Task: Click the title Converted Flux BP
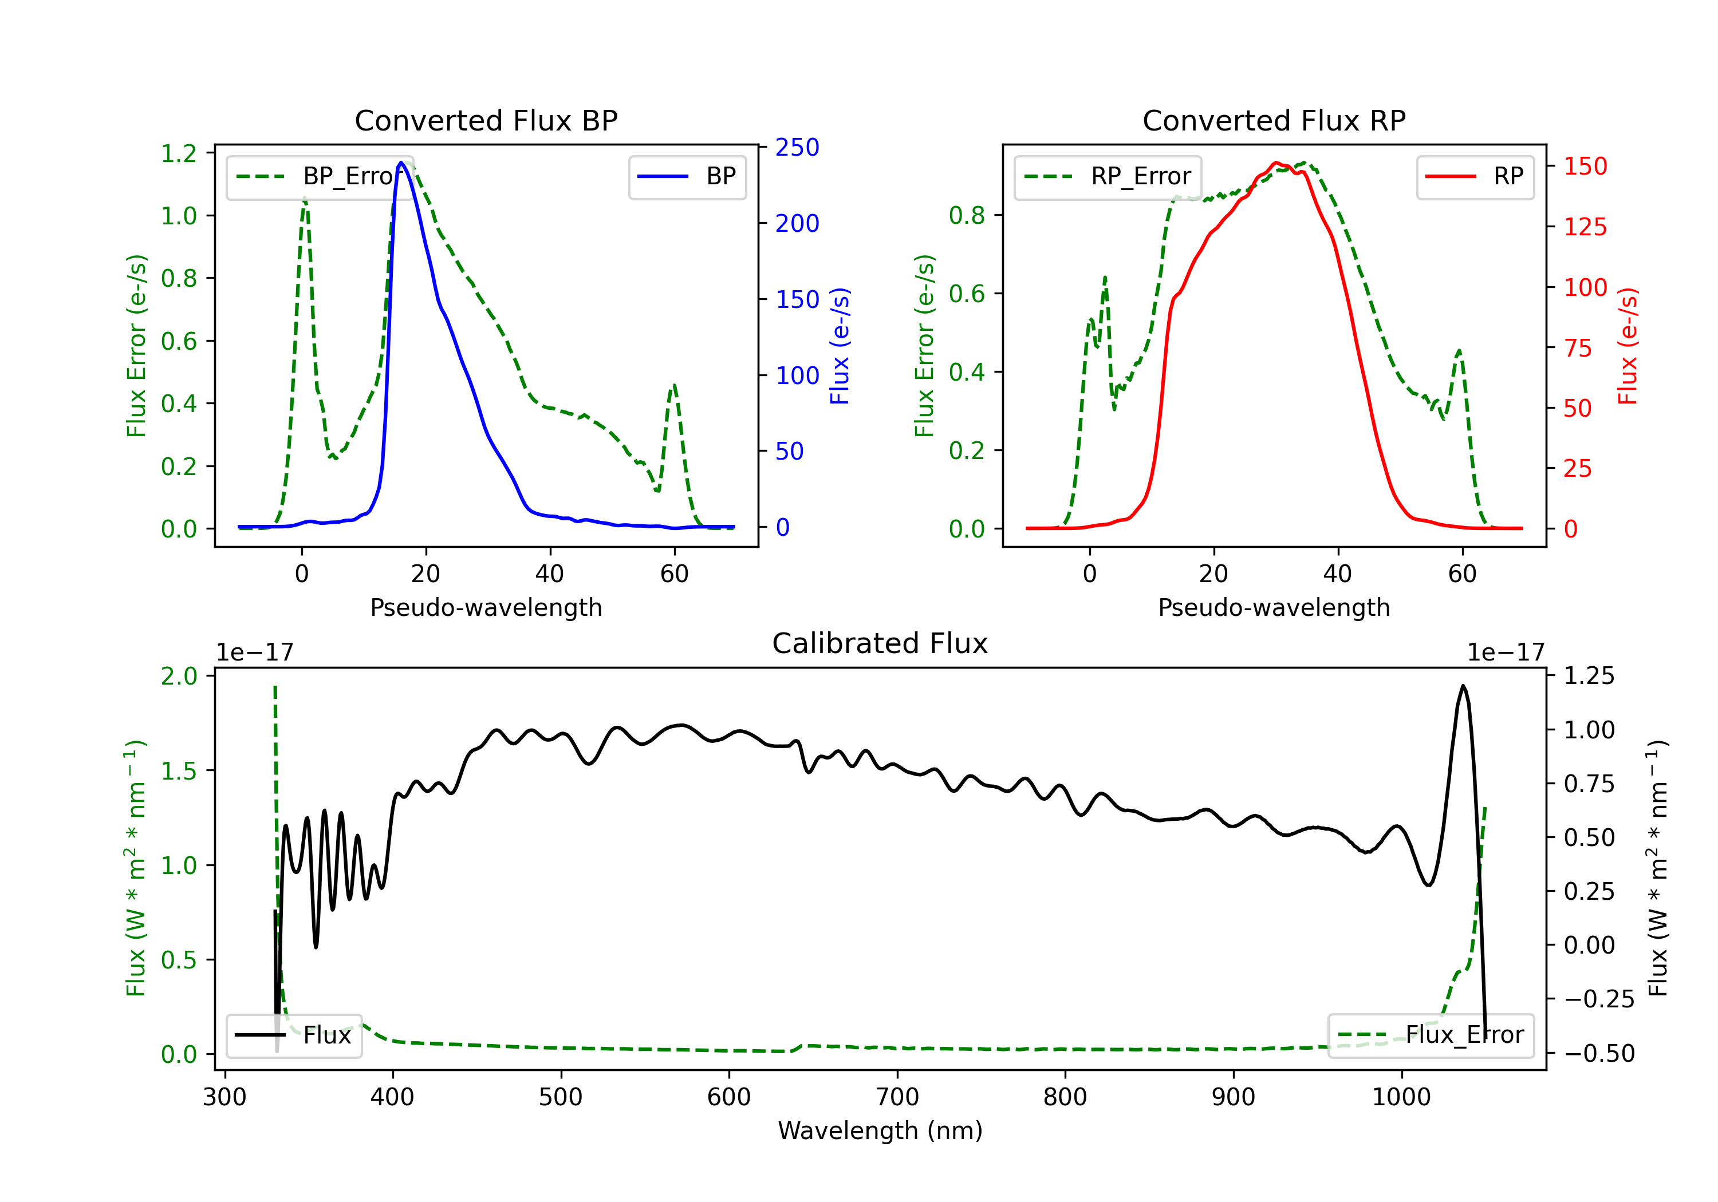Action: point(486,120)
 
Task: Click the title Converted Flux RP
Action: point(1274,120)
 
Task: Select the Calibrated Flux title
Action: point(880,643)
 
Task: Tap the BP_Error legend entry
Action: point(320,176)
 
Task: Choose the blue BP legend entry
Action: point(686,176)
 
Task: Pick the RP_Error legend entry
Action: point(1108,176)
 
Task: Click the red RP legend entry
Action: point(1474,176)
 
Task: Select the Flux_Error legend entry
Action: point(1430,1035)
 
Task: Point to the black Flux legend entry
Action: point(293,1035)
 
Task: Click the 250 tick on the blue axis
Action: point(797,147)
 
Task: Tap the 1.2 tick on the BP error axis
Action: point(179,153)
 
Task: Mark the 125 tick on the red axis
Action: point(1585,227)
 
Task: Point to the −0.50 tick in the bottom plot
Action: point(1599,1053)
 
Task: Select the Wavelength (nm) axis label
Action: point(880,1131)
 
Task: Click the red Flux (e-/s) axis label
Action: point(1628,346)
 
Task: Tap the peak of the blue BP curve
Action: point(401,163)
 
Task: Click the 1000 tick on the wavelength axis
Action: point(1401,1097)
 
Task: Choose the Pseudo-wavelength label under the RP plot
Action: point(1274,607)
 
